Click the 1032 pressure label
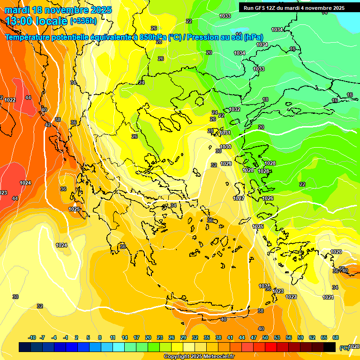234,109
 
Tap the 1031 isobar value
225,133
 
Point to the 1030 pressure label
225,147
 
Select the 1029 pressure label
226,164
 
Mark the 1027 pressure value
239,198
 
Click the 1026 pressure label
268,199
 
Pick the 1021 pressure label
328,297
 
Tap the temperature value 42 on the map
47,125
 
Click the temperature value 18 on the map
265,99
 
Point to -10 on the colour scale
32,337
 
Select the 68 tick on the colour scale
336,337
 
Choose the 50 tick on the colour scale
265,337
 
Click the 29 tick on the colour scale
183,337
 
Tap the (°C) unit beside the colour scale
344,348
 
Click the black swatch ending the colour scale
330,347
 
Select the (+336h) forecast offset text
83,21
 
